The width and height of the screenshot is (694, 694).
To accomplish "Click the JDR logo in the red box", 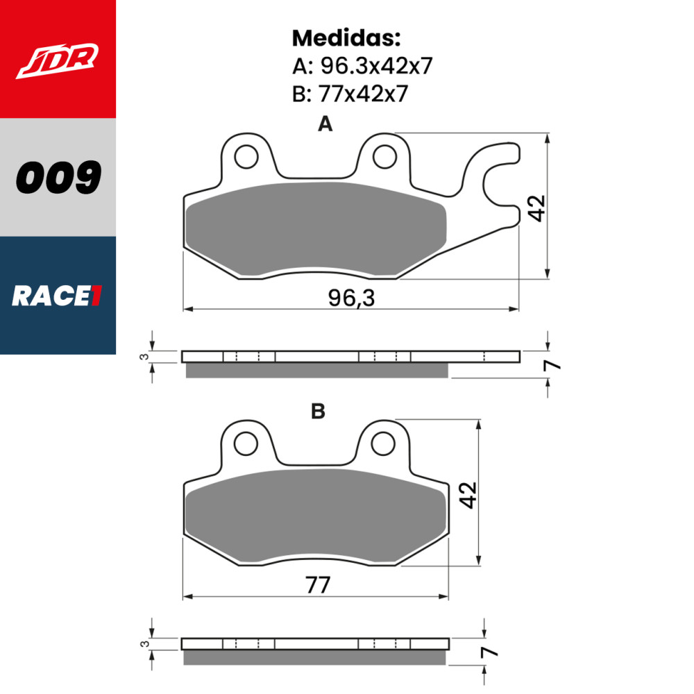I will click(58, 60).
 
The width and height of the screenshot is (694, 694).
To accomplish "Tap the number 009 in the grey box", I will click(58, 178).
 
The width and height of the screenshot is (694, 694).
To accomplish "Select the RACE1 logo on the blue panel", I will click(58, 296).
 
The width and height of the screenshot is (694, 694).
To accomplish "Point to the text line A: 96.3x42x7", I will click(362, 66).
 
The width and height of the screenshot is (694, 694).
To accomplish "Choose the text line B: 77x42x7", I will click(350, 94).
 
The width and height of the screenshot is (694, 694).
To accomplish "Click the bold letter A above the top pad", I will click(325, 124).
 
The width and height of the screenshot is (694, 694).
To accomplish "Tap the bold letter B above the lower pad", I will click(318, 412).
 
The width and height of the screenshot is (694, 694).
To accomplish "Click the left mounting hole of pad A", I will click(246, 158).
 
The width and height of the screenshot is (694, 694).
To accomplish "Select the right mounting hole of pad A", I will click(384, 158).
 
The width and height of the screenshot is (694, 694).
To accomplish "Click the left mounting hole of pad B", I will click(245, 442).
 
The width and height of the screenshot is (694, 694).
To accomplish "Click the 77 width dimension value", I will click(316, 585).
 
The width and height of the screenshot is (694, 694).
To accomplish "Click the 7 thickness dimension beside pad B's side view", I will click(490, 652).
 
